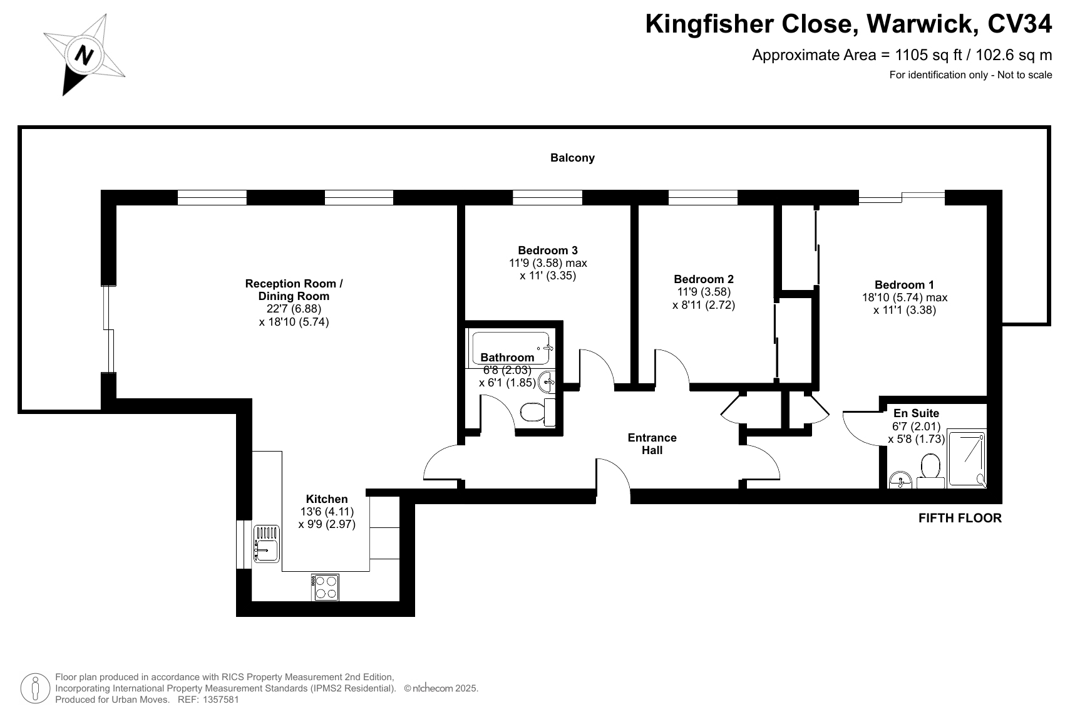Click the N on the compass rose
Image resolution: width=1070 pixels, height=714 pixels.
pyautogui.click(x=85, y=55)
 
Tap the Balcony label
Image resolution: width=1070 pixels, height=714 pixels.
pyautogui.click(x=572, y=158)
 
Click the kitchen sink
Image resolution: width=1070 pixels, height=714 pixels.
pyautogui.click(x=266, y=544)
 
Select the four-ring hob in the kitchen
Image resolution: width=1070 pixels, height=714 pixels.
pyautogui.click(x=326, y=587)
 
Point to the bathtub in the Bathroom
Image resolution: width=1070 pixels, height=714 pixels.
pyautogui.click(x=511, y=348)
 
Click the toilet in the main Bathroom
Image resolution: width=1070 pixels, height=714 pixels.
pyautogui.click(x=538, y=412)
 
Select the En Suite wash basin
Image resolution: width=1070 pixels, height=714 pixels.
pyautogui.click(x=900, y=479)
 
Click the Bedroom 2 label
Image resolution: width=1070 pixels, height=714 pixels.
pyautogui.click(x=704, y=279)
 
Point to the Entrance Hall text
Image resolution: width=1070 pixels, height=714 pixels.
pyautogui.click(x=652, y=444)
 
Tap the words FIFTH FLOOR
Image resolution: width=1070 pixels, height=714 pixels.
pyautogui.click(x=960, y=518)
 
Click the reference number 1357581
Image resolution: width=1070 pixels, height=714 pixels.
pyautogui.click(x=220, y=700)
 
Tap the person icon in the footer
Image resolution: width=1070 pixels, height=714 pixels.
pyautogui.click(x=35, y=688)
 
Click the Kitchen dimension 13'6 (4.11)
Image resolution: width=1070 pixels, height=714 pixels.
pyautogui.click(x=327, y=511)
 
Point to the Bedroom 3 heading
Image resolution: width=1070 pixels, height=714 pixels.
pyautogui.click(x=548, y=251)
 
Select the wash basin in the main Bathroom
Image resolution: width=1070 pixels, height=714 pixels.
pyautogui.click(x=547, y=381)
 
